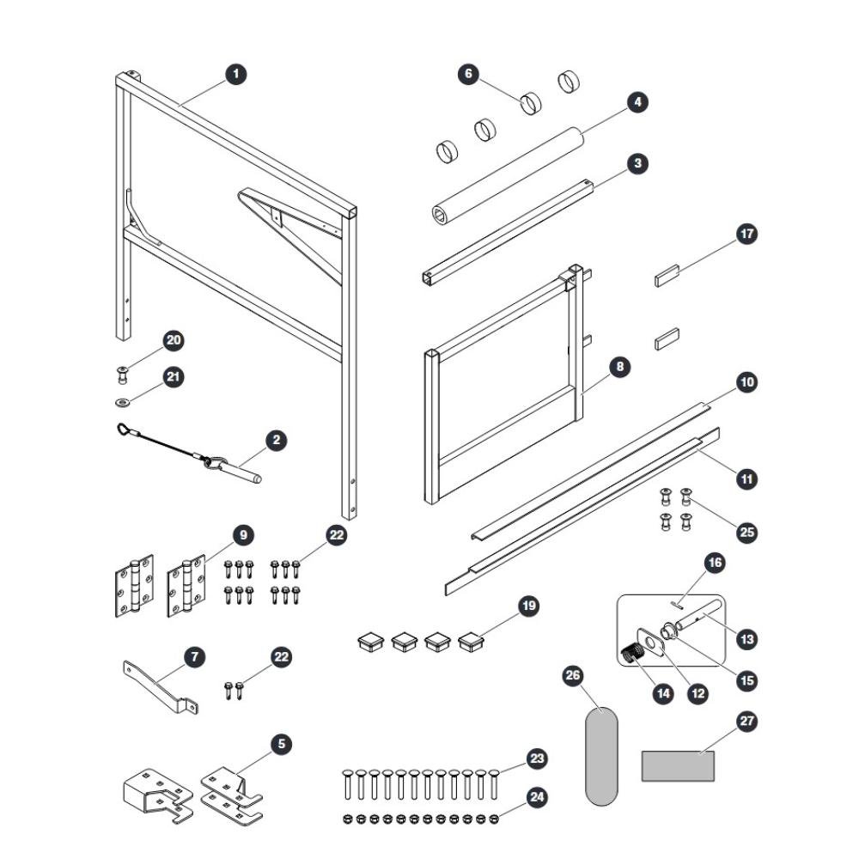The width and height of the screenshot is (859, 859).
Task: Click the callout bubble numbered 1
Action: (x=236, y=74)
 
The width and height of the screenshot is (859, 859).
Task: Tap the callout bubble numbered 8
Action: (x=619, y=367)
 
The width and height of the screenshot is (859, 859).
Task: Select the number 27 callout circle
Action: (x=747, y=721)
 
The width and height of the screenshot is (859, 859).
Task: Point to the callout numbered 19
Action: (x=528, y=606)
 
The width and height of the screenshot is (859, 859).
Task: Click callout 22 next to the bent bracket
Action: (x=281, y=657)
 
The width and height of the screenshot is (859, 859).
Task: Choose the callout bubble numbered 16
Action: (x=715, y=563)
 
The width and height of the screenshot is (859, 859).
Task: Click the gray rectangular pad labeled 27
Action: (x=678, y=766)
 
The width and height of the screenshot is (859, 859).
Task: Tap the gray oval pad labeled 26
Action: (x=601, y=757)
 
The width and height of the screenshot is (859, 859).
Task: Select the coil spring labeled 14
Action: (x=633, y=653)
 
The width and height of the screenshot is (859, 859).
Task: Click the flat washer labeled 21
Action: (x=123, y=403)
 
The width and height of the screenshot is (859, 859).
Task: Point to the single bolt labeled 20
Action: (x=123, y=375)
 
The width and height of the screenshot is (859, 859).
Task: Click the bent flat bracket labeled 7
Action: (x=159, y=685)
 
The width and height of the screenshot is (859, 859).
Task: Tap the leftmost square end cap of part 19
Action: (x=371, y=642)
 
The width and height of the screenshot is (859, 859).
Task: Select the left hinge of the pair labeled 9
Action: (x=134, y=586)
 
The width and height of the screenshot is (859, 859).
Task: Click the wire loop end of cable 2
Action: (x=125, y=429)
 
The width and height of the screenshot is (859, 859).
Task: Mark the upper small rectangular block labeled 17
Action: (x=667, y=276)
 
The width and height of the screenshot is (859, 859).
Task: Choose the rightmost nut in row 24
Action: (x=494, y=819)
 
